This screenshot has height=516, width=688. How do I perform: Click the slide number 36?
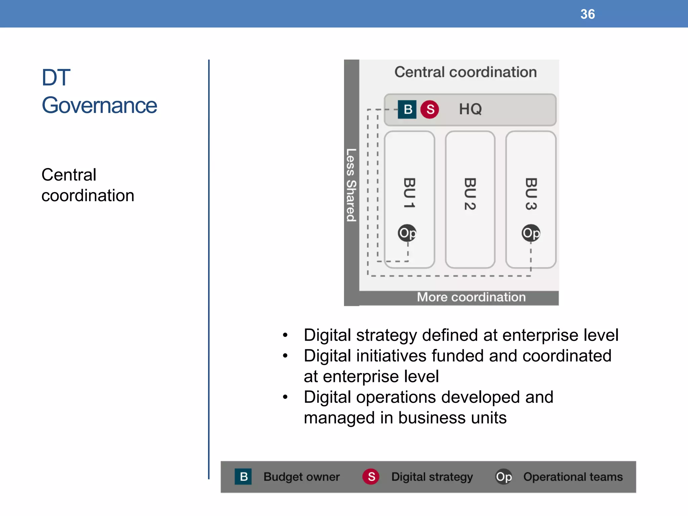point(588,14)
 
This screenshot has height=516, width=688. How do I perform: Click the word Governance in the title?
point(99,105)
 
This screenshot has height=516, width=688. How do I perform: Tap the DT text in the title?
point(56,77)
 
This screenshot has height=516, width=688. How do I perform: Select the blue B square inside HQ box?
point(407,109)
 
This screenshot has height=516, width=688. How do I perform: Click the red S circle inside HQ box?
point(430,109)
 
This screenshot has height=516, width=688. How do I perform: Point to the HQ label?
point(470,109)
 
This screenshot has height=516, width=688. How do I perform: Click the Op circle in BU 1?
point(407,233)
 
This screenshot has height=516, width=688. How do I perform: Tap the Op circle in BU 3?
point(531,233)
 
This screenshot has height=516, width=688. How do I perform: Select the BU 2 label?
point(470,194)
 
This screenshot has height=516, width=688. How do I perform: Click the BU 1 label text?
point(409,193)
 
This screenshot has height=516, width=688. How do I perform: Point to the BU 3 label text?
point(531,194)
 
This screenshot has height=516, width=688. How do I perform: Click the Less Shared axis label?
point(351,185)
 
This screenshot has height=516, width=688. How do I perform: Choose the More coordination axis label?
point(471,297)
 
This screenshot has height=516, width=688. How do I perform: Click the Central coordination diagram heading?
point(465,72)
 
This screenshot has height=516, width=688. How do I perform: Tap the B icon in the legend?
point(243,476)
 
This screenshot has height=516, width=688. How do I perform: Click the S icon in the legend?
point(371,476)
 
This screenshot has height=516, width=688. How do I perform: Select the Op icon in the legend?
point(504,476)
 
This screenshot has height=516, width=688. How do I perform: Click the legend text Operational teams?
point(573,477)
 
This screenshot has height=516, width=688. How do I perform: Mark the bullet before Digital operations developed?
point(285,397)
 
